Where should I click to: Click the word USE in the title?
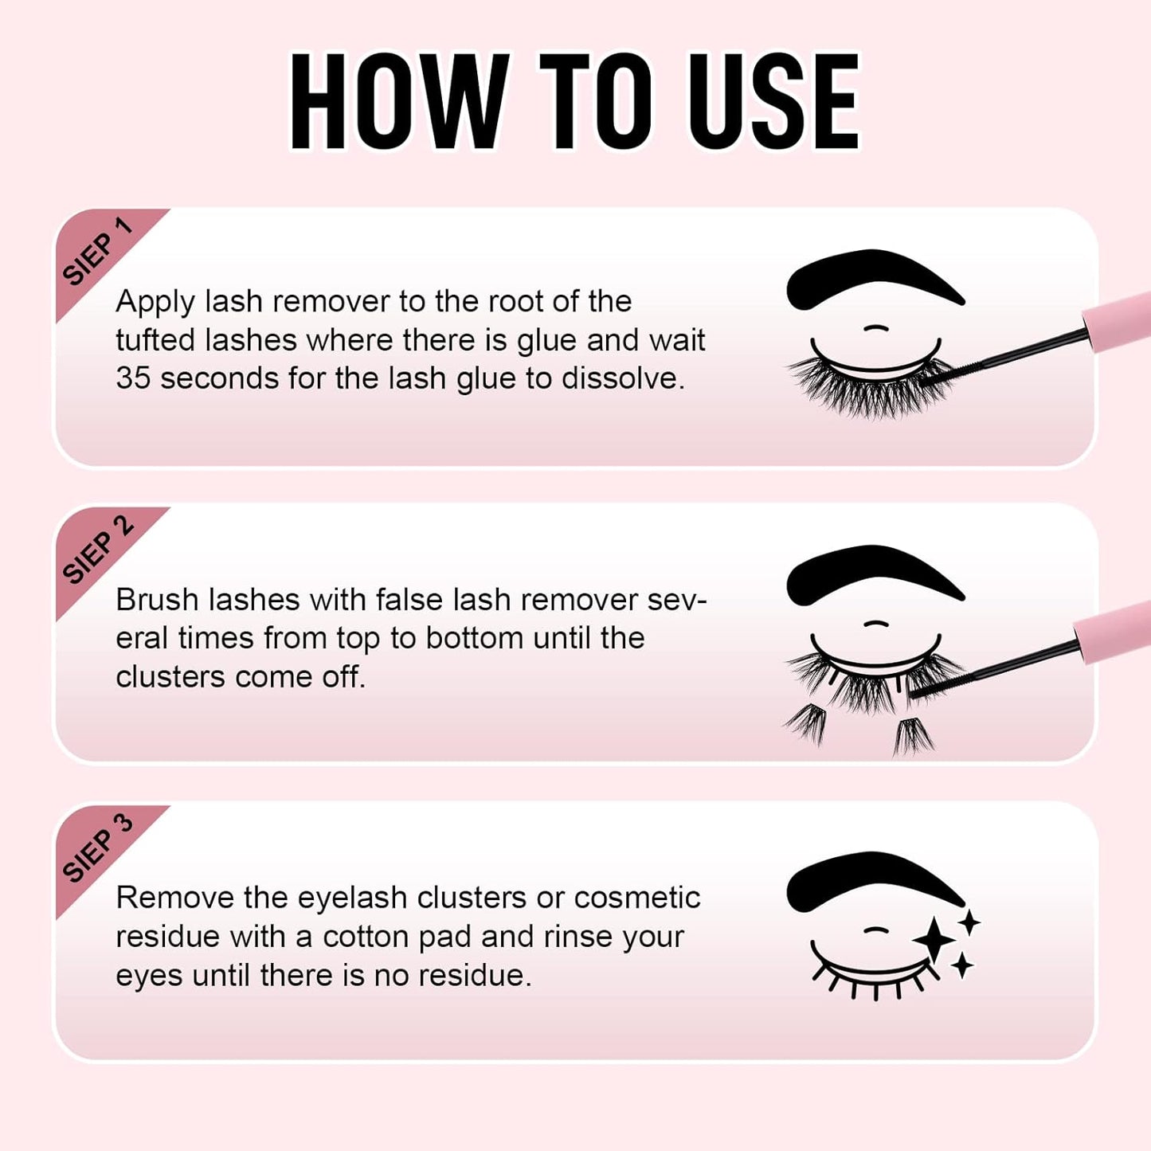773,101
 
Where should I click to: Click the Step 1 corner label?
97,252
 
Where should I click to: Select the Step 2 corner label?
97,550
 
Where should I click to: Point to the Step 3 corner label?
97,848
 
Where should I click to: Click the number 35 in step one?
132,378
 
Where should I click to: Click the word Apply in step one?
155,303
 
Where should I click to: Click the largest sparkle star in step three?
934,941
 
